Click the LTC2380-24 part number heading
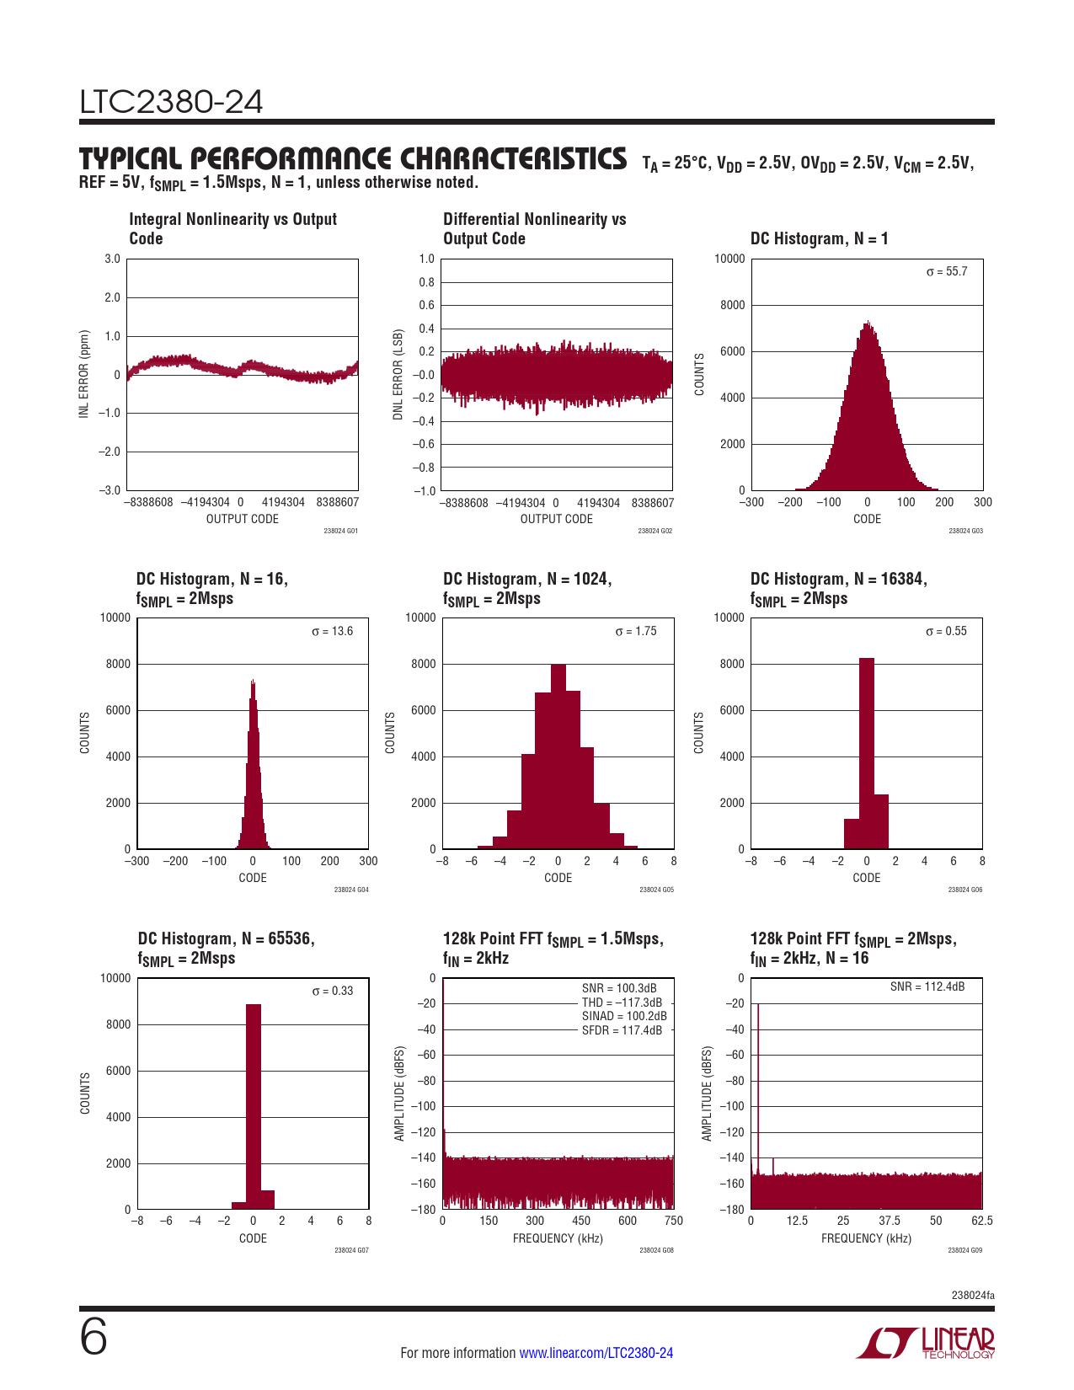(171, 103)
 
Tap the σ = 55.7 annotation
(947, 272)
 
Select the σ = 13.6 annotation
(333, 632)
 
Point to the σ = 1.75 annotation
(636, 632)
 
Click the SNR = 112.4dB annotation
(927, 986)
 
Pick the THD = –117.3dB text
(622, 1002)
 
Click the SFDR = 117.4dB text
(622, 1030)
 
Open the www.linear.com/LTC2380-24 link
(596, 1353)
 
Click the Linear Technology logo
(926, 1343)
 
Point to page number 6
(94, 1337)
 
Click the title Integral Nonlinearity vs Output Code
(232, 229)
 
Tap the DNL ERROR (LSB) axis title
(398, 375)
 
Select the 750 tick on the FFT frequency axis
(673, 1221)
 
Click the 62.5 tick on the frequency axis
(981, 1221)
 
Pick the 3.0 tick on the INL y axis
(112, 259)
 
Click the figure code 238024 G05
(656, 890)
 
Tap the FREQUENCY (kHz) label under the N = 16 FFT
(866, 1238)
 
